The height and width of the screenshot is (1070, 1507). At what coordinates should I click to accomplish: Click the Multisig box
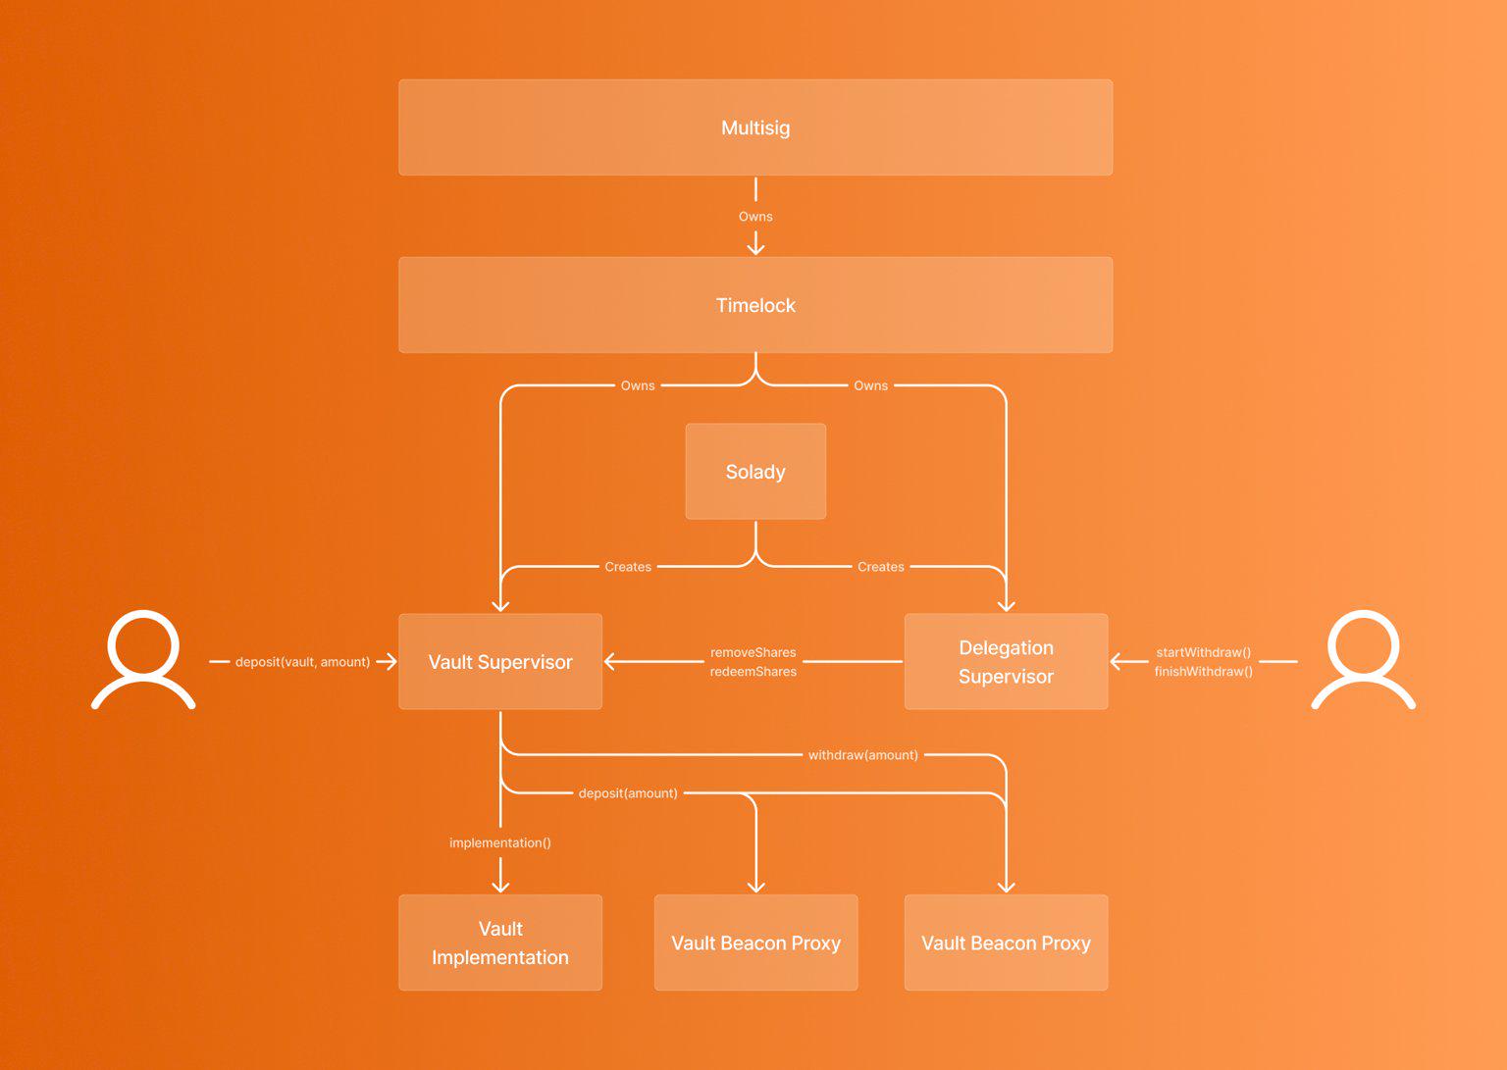coord(755,127)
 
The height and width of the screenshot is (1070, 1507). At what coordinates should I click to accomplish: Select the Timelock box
coord(755,305)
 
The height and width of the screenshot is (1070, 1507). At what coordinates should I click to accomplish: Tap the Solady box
coord(755,472)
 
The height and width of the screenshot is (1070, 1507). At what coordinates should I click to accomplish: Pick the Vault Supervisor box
coord(500,662)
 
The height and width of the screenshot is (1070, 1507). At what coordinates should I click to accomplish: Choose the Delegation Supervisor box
coord(1006,662)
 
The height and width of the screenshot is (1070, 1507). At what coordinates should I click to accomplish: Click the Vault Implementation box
coord(500,943)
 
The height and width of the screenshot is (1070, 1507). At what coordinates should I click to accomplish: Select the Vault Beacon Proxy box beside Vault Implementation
coord(755,943)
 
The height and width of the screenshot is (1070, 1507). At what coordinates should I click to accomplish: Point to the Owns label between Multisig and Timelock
coord(755,217)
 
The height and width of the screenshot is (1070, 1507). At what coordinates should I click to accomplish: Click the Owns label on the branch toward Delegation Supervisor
coord(870,385)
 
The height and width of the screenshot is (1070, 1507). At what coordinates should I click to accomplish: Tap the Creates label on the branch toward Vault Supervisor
coord(628,567)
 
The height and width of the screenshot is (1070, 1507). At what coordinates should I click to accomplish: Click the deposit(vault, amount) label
coord(302,662)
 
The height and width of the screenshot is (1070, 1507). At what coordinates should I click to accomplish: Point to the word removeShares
coord(753,652)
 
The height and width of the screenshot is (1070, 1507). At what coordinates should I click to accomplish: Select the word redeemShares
coord(753,672)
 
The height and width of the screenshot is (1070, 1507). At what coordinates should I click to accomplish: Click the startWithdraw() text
coord(1203,652)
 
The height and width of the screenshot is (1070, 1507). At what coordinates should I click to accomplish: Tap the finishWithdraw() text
coord(1203,672)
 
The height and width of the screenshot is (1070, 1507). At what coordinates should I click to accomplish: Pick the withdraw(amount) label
coord(862,755)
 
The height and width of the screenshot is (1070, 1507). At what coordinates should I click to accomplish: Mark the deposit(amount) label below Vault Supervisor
coord(628,793)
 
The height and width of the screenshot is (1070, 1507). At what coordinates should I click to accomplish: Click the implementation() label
coord(500,842)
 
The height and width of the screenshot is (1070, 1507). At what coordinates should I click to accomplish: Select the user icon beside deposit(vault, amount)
coord(143,659)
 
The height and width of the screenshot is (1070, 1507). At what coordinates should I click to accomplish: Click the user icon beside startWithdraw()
coord(1363,659)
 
